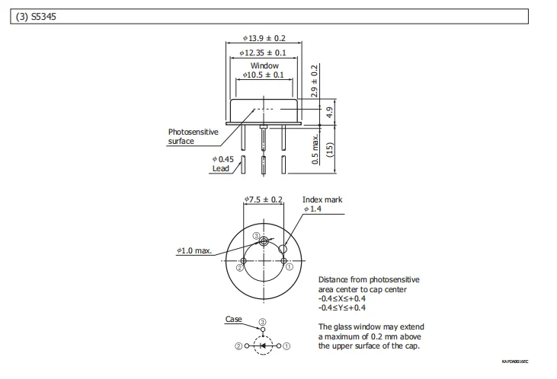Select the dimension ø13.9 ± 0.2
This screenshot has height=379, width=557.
pos(264,38)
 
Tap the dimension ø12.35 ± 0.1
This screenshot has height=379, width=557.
pos(264,53)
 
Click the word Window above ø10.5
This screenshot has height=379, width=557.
pos(264,66)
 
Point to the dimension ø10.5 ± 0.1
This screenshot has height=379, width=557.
pos(264,75)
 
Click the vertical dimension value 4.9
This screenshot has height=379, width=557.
pos(329,111)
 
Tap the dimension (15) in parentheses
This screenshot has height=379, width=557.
pos(330,149)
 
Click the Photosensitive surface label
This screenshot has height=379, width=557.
pos(193,136)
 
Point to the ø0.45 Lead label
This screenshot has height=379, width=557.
pos(222,164)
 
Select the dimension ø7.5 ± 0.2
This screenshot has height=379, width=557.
pos(264,199)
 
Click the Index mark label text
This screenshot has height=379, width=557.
pos(322,199)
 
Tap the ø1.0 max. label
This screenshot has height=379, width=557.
pos(194,250)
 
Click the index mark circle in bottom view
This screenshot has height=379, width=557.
pos(283,249)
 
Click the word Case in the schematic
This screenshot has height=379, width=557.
pos(233,319)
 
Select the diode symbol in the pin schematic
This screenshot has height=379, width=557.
pos(264,346)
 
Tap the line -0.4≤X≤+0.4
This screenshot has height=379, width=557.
pos(343,298)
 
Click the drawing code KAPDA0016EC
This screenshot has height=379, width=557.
pos(514,361)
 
